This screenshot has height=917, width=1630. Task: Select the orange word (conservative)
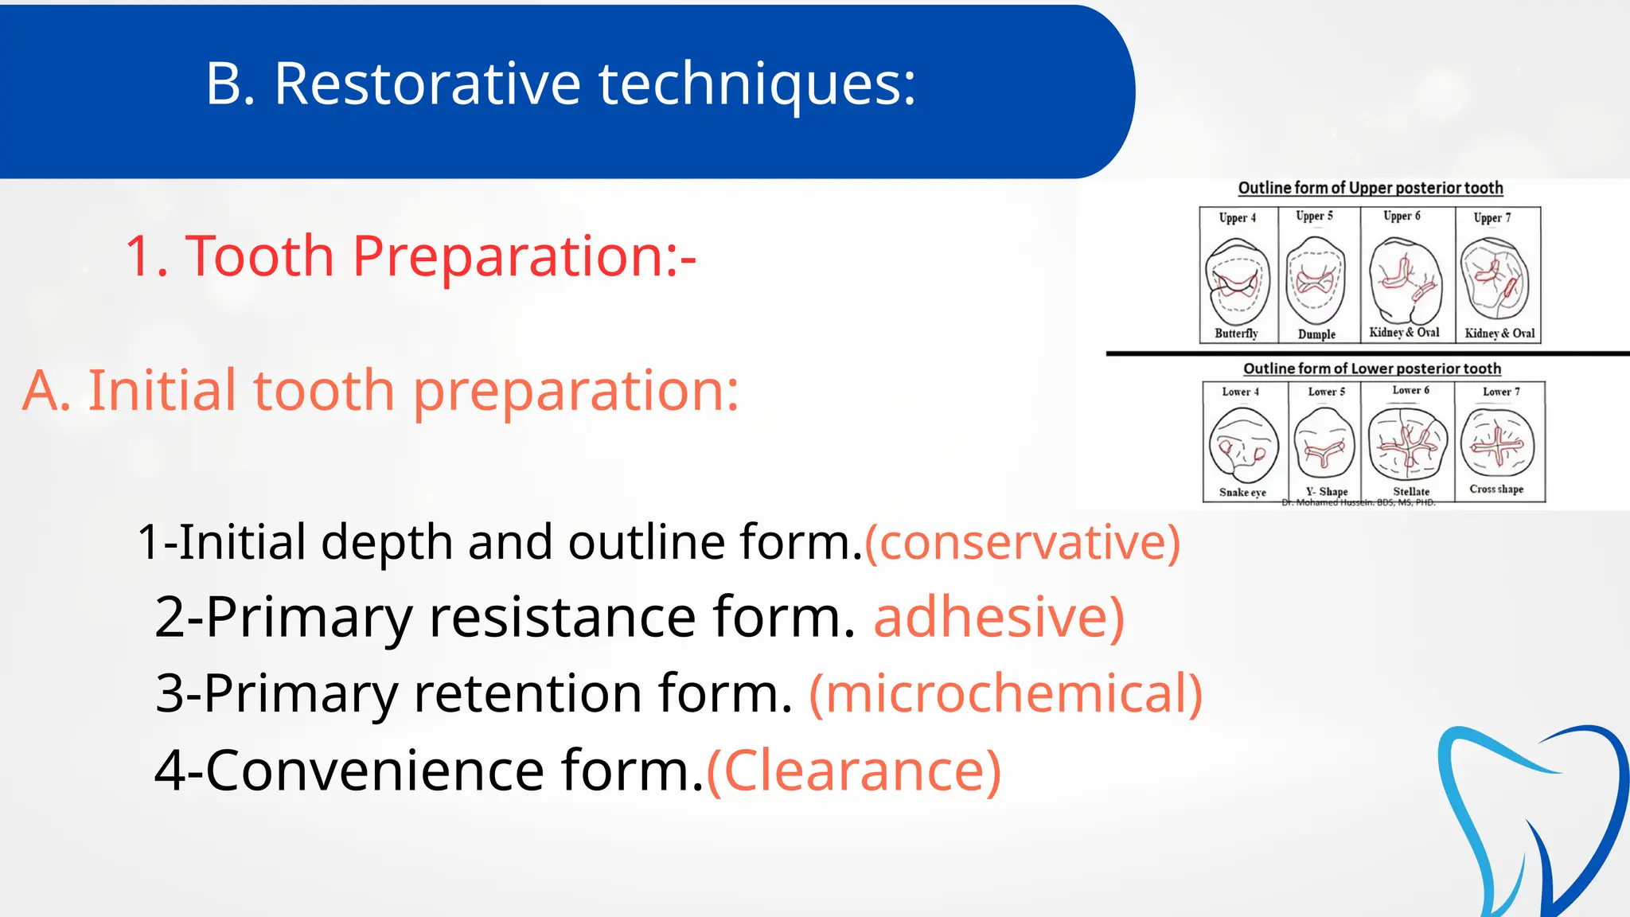1022,543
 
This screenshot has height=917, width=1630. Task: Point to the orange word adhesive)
999,617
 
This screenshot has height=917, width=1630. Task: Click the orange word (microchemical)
1005,693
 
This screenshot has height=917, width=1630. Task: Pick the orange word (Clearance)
853,770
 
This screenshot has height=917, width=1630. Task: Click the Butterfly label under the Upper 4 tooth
1236,334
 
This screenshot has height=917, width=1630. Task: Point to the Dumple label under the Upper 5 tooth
1316,334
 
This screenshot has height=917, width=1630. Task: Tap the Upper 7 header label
1492,217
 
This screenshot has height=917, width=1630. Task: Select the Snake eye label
1242,493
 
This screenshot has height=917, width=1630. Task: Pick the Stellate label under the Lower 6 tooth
1410,492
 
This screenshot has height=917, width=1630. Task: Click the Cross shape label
1496,490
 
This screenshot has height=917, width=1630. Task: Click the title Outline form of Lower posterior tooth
1372,369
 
